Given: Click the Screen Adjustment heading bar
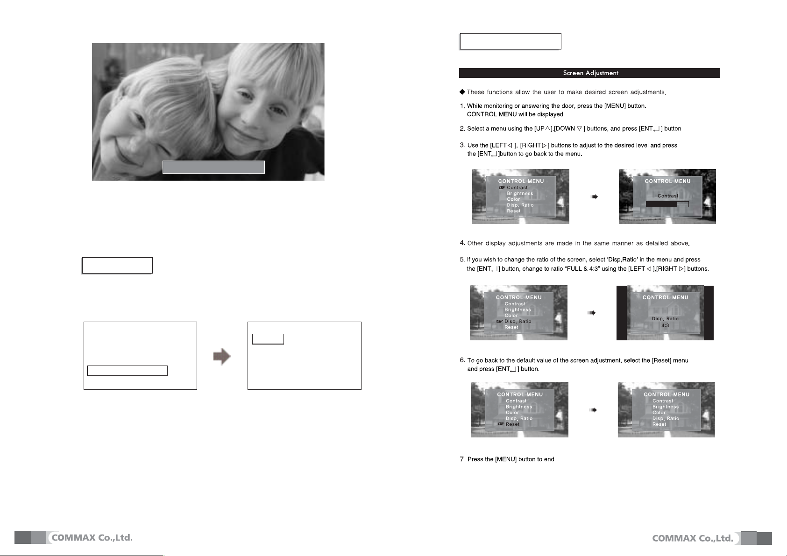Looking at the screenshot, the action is pyautogui.click(x=589, y=73).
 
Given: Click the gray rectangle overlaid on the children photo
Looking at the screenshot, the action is pyautogui.click(x=213, y=167).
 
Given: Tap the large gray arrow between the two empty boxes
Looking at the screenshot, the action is pyautogui.click(x=222, y=357).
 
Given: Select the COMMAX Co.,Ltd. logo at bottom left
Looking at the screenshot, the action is pyautogui.click(x=73, y=537).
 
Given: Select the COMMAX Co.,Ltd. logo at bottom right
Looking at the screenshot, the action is pyautogui.click(x=712, y=538).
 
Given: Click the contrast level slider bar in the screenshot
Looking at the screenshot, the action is pyautogui.click(x=667, y=204).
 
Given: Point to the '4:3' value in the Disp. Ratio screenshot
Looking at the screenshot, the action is pyautogui.click(x=665, y=325).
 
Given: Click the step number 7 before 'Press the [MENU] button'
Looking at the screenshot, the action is pyautogui.click(x=462, y=459).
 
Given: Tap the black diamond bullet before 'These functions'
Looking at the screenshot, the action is pyautogui.click(x=462, y=92).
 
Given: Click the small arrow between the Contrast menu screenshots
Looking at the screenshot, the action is pyautogui.click(x=594, y=197).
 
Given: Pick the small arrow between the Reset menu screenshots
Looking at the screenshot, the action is pyautogui.click(x=593, y=410).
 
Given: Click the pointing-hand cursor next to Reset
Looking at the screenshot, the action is pyautogui.click(x=501, y=424).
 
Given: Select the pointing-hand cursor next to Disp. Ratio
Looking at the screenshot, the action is pyautogui.click(x=500, y=321).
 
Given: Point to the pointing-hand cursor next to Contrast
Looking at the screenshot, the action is pyautogui.click(x=502, y=188).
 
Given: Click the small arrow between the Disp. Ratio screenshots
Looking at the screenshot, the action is pyautogui.click(x=592, y=313).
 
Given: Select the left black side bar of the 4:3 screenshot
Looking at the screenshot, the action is pyautogui.click(x=622, y=313).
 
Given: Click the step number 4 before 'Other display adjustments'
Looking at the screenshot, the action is pyautogui.click(x=462, y=243).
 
